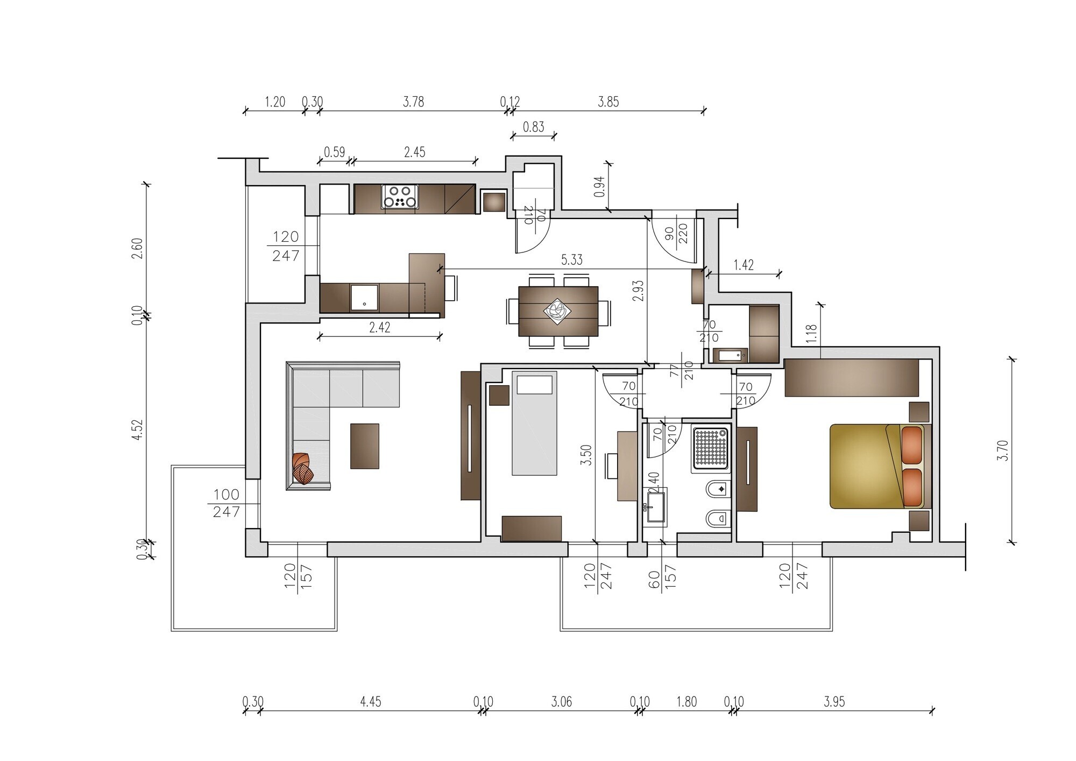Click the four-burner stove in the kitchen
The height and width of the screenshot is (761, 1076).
click(x=400, y=196)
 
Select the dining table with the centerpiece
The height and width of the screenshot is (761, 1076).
click(x=558, y=312)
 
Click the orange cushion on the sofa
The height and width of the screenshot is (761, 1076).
click(x=303, y=468)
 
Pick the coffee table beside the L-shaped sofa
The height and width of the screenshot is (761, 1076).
click(x=364, y=446)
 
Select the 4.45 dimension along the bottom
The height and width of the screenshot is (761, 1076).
click(x=371, y=701)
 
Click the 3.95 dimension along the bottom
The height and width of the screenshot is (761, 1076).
click(x=834, y=701)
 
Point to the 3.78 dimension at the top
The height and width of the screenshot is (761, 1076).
click(x=413, y=101)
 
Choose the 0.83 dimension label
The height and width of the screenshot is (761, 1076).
click(x=533, y=127)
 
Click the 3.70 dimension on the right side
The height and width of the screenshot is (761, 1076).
click(x=1002, y=450)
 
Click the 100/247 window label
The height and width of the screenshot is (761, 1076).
click(x=226, y=503)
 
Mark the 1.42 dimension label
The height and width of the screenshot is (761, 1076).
click(x=743, y=264)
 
